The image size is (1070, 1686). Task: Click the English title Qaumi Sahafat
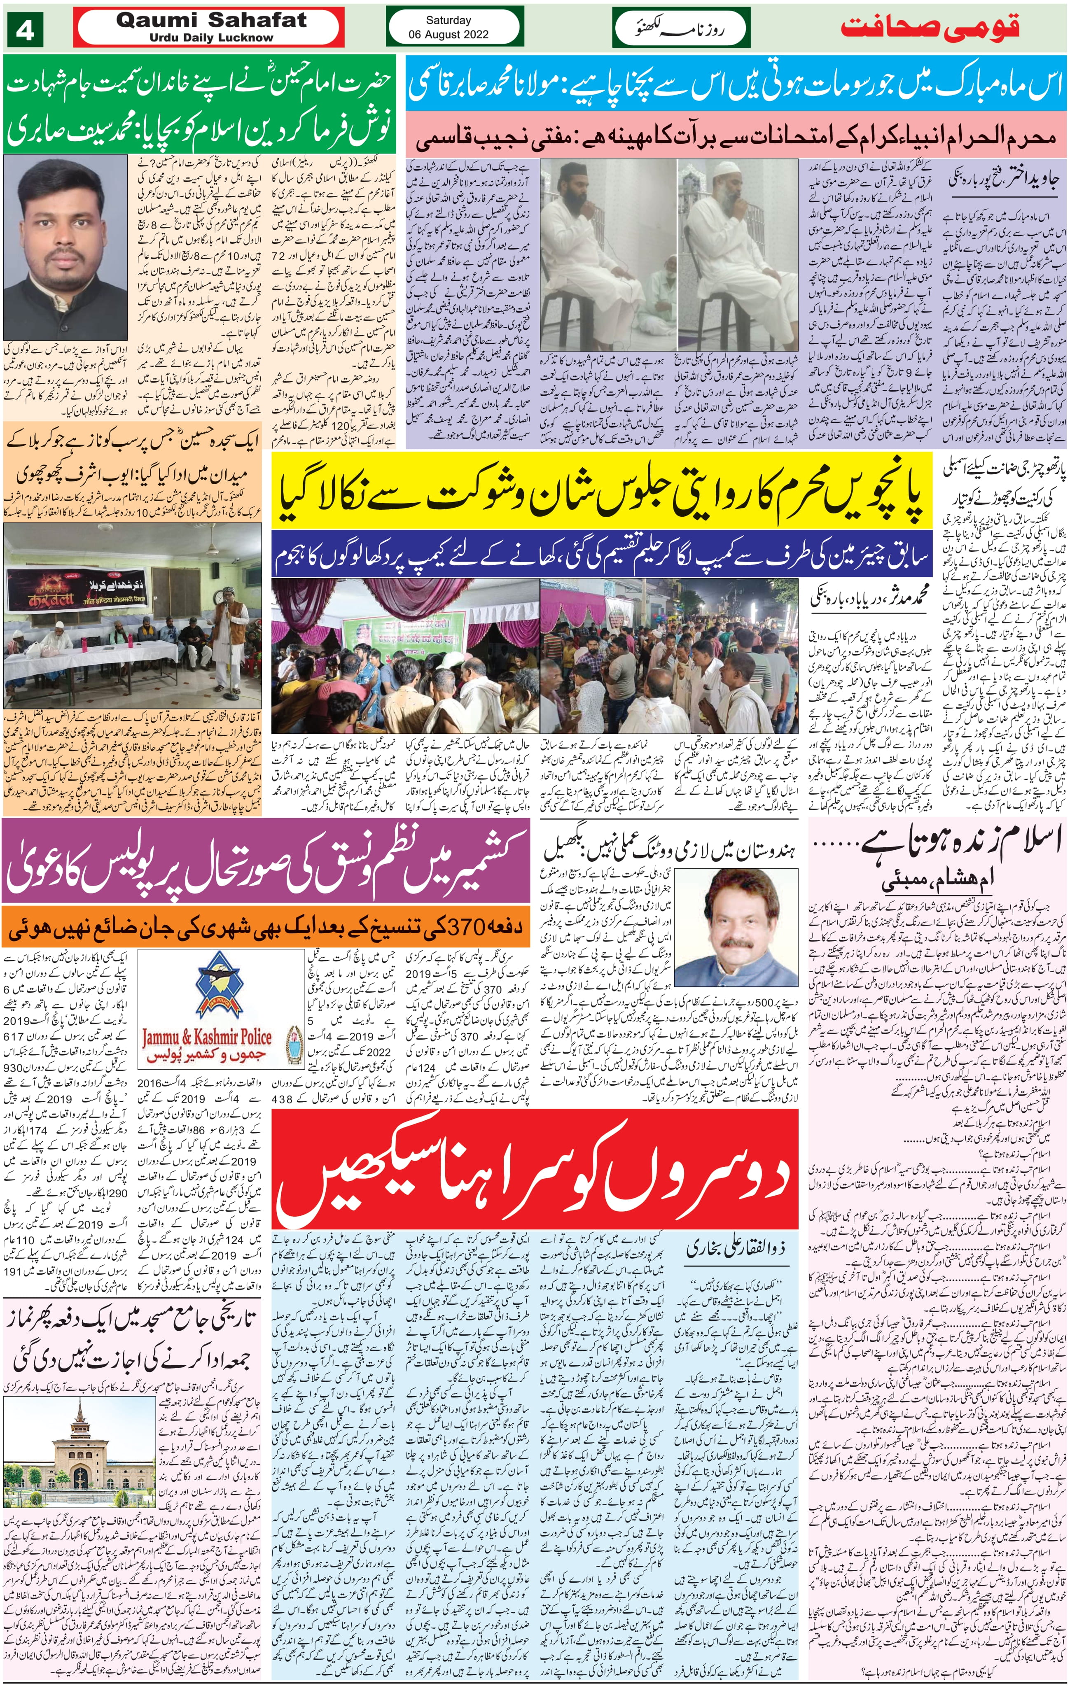(x=211, y=21)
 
